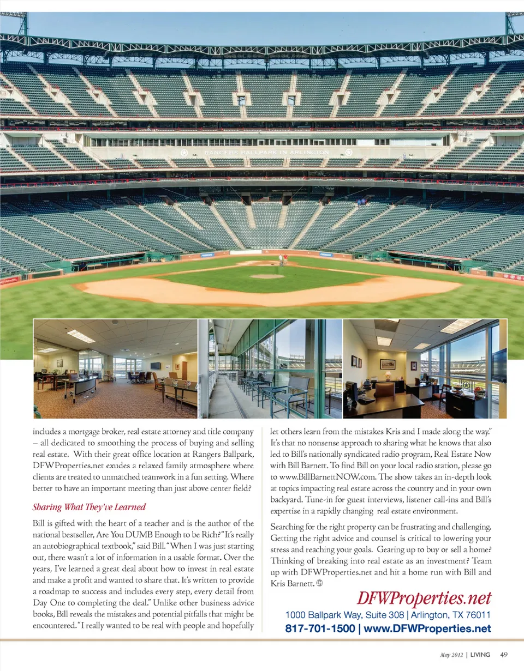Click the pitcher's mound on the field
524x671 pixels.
(x=267, y=276)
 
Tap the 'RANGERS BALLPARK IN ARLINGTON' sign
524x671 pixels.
(x=267, y=152)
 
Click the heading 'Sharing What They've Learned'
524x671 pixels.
(x=89, y=507)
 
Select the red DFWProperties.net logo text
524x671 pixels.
(x=424, y=599)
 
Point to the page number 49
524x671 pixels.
(x=504, y=655)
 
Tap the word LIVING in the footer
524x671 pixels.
(x=480, y=655)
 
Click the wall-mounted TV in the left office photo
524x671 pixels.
(x=156, y=365)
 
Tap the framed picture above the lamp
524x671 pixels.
(x=388, y=364)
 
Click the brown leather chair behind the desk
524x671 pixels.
(x=384, y=390)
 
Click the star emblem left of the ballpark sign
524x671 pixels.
(x=184, y=152)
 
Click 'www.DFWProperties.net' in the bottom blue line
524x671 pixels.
(x=427, y=628)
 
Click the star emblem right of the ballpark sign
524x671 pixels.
(x=349, y=152)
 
